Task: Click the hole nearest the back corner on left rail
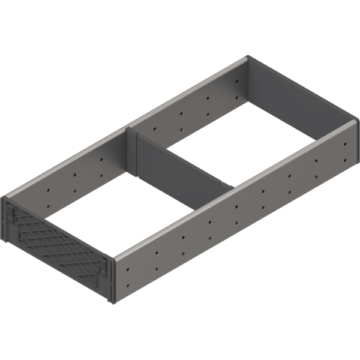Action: (x=238, y=80)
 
